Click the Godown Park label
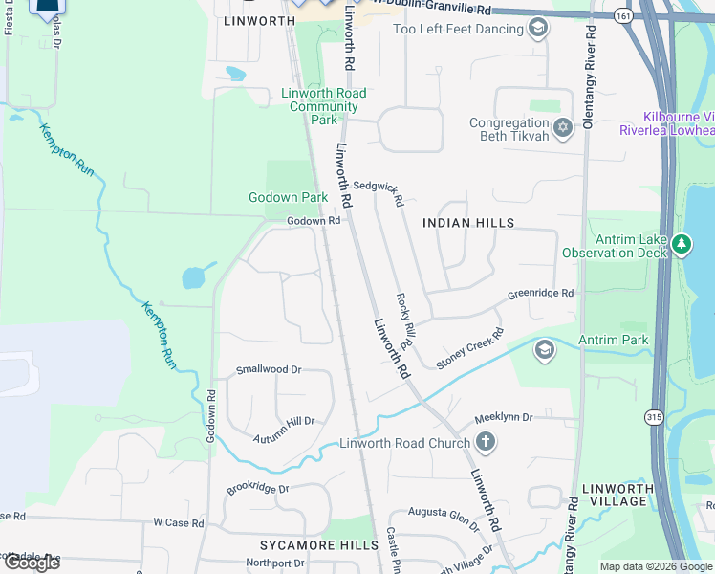[x=288, y=197]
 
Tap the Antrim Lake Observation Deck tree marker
[x=681, y=245]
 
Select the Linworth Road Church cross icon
[x=486, y=442]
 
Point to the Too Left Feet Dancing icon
[x=539, y=29]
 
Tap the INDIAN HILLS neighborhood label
[x=468, y=223]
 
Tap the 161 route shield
[x=623, y=16]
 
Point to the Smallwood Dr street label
[x=269, y=369]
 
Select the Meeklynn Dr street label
[x=517, y=418]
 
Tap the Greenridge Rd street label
[x=540, y=294]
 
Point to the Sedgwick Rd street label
[x=379, y=192]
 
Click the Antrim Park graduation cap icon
[x=545, y=348]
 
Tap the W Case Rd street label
[x=179, y=523]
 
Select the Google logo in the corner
[x=31, y=562]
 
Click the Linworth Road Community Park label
[x=323, y=106]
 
